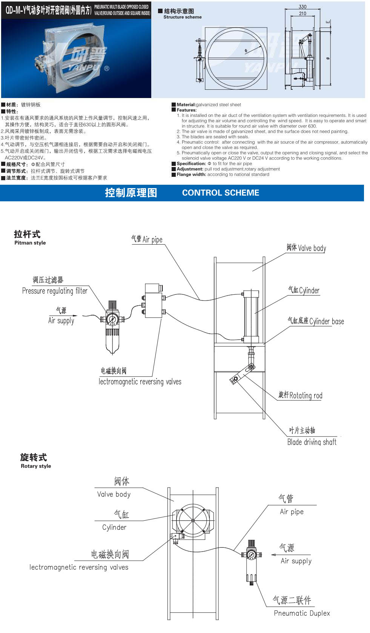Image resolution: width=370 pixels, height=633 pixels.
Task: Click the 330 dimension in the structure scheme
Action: (302, 7)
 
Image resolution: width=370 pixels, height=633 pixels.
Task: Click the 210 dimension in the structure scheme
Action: (302, 14)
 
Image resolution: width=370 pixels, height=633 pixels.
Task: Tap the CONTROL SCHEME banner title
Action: (221, 193)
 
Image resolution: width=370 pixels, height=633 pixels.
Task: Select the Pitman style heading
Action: (30, 243)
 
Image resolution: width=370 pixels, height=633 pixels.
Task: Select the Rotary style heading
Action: (36, 466)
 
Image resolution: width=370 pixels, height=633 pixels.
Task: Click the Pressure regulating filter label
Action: (55, 291)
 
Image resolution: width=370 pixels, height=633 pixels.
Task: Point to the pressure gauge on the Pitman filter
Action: (112, 319)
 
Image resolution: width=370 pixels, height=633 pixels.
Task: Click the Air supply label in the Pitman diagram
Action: (61, 321)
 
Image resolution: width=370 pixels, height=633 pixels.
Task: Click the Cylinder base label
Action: (326, 321)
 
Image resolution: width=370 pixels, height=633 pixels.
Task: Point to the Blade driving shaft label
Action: (312, 442)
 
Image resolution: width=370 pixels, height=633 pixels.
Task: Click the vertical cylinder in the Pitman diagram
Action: (251, 314)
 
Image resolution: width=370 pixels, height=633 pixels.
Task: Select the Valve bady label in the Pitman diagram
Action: (312, 248)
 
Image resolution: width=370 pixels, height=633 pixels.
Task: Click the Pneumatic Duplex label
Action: (302, 613)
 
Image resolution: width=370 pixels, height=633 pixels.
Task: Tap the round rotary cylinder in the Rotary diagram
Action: (193, 521)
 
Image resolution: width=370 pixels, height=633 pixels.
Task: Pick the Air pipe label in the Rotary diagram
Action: (292, 512)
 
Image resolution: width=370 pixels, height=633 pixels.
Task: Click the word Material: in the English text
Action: (186, 105)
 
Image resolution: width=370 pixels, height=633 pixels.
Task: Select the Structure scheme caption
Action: (183, 17)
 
